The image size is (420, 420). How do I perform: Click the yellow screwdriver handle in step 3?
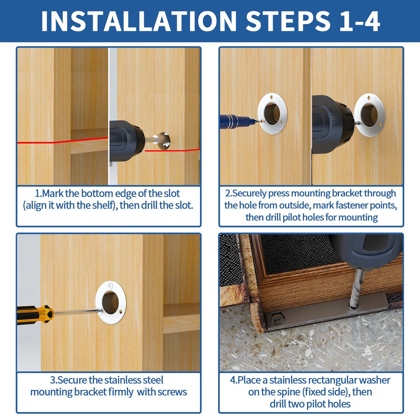click(35, 315)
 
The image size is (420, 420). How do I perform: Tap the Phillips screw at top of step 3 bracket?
click(110, 285)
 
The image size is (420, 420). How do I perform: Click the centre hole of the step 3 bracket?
click(110, 302)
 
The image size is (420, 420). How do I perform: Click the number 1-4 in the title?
click(360, 21)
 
